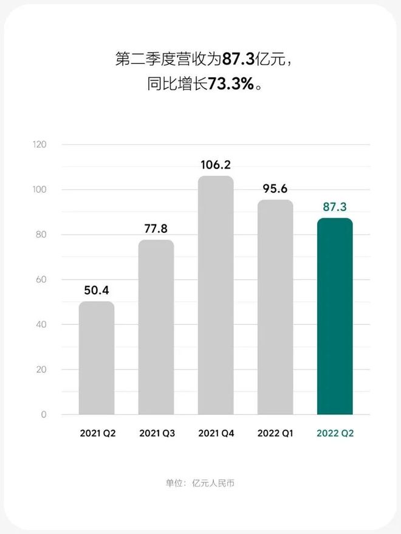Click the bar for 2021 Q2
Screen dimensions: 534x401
pyautogui.click(x=97, y=358)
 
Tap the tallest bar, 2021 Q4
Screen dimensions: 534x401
pyautogui.click(x=216, y=296)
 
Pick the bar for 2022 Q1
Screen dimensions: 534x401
pyautogui.click(x=275, y=307)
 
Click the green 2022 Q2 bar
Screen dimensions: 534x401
pyautogui.click(x=335, y=316)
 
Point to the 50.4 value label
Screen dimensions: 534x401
pyautogui.click(x=97, y=290)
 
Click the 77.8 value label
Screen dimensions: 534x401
pyautogui.click(x=156, y=229)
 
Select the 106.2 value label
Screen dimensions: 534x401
pyautogui.click(x=216, y=165)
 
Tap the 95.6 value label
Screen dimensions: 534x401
pyautogui.click(x=275, y=189)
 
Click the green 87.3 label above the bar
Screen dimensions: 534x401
pyautogui.click(x=335, y=207)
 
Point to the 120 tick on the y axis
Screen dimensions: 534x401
pyautogui.click(x=39, y=145)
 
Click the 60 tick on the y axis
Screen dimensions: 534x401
pyautogui.click(x=41, y=280)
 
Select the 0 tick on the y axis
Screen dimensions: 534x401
pyautogui.click(x=44, y=415)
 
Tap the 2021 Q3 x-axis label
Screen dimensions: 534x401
pyautogui.click(x=157, y=434)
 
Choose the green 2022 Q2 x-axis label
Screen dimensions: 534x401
pyautogui.click(x=335, y=434)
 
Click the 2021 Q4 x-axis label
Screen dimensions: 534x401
pyautogui.click(x=216, y=434)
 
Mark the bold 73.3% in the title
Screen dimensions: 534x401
pyautogui.click(x=230, y=85)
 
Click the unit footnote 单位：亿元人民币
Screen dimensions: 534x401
pyautogui.click(x=200, y=484)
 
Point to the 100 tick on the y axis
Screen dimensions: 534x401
pyautogui.click(x=39, y=190)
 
